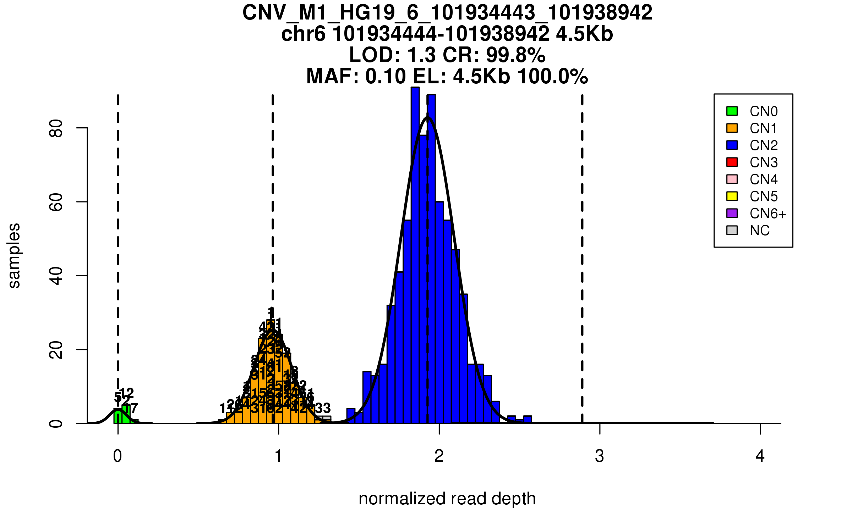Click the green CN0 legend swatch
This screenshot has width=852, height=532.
tap(732, 111)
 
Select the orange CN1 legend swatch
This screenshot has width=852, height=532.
tap(732, 128)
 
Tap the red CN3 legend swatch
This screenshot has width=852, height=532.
tap(732, 162)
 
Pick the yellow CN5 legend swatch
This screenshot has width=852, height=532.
tap(732, 196)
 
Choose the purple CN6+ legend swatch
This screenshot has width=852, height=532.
tap(732, 213)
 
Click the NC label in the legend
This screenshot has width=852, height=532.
tap(759, 231)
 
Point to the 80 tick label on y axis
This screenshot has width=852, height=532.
tap(56, 128)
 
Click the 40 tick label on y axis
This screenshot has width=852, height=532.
tap(56, 276)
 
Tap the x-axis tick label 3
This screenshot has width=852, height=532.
tap(600, 456)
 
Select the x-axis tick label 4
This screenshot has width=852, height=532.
tap(760, 456)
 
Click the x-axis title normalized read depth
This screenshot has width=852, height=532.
tap(447, 499)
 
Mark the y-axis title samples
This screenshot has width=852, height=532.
tap(14, 255)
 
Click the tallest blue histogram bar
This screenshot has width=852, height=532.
tap(415, 255)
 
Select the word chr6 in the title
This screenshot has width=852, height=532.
tap(303, 34)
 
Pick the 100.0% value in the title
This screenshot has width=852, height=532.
tap(552, 77)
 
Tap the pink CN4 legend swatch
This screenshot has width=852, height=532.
tap(732, 179)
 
